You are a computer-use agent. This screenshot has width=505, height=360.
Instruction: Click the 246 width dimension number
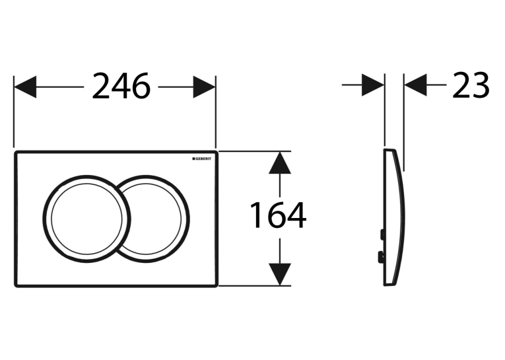tap(121, 86)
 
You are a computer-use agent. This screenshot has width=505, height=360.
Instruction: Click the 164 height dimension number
tap(278, 215)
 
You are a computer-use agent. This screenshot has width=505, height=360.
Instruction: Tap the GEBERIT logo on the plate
tap(202, 159)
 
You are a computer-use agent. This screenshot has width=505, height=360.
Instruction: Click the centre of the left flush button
tap(86, 219)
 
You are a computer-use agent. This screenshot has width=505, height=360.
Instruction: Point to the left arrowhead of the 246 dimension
tap(25, 87)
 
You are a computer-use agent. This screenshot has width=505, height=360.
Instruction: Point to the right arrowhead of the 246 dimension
tap(204, 87)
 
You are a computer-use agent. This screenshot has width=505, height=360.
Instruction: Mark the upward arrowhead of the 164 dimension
tap(280, 162)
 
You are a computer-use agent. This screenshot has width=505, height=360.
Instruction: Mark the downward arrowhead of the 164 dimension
tap(280, 274)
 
